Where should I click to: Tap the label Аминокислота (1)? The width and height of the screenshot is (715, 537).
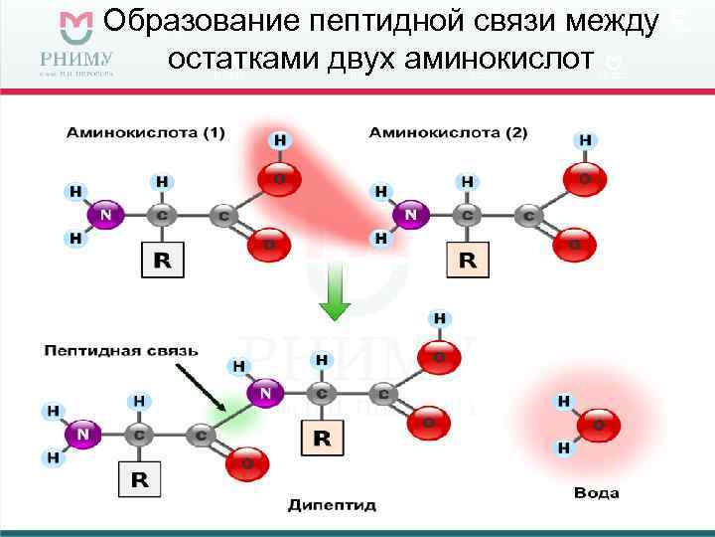coord(147,132)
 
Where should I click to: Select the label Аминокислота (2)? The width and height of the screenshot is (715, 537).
coord(448,132)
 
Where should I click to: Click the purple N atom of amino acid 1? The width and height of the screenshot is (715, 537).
coord(106,214)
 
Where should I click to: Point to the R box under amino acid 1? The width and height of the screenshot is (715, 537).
coord(163,261)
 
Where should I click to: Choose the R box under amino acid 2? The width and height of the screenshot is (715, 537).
coord(467,261)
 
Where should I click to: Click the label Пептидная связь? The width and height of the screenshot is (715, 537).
coord(121,350)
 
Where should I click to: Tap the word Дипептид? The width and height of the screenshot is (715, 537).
coord(333,505)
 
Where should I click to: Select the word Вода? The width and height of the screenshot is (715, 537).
coord(597,493)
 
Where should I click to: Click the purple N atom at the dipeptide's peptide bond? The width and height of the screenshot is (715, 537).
coord(265,394)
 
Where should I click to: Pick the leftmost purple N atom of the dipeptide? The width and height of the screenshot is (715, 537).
coord(83,434)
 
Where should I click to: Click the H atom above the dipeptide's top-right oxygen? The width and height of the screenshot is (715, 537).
coord(439,319)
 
